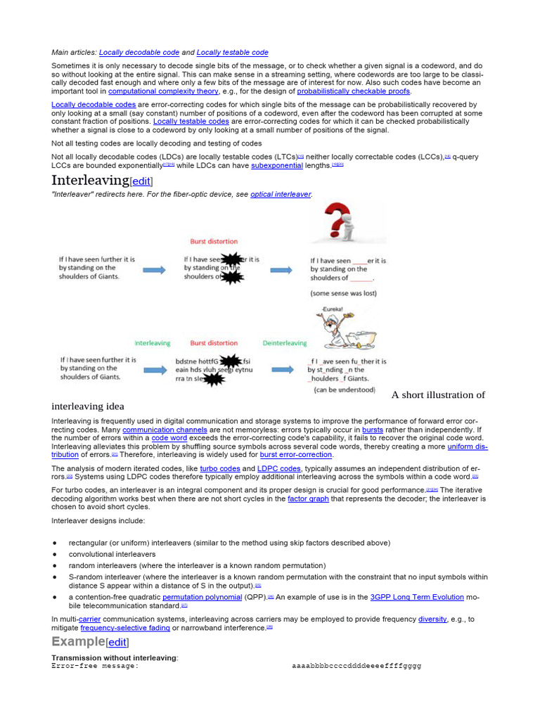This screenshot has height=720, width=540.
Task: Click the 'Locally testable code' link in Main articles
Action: [x=232, y=53]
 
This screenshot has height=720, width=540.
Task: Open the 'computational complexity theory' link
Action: [x=163, y=91]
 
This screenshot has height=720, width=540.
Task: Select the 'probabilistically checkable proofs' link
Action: [x=353, y=91]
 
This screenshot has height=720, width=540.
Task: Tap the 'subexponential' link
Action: [x=276, y=165]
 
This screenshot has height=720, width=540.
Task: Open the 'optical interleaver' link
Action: [x=281, y=194]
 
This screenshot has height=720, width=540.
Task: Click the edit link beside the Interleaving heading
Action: [x=141, y=181]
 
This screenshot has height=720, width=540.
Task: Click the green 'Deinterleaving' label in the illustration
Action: [x=284, y=343]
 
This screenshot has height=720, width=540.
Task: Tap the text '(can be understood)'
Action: [x=345, y=390]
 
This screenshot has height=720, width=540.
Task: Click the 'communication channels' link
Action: [x=165, y=430]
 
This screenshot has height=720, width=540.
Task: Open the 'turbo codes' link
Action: [x=220, y=468]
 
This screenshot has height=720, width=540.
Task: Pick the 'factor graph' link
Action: [x=308, y=499]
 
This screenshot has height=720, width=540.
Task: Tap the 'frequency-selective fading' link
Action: [x=124, y=628]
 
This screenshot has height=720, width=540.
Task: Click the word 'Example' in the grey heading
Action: [x=77, y=641]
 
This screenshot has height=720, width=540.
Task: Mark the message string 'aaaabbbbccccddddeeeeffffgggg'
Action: [x=356, y=665]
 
